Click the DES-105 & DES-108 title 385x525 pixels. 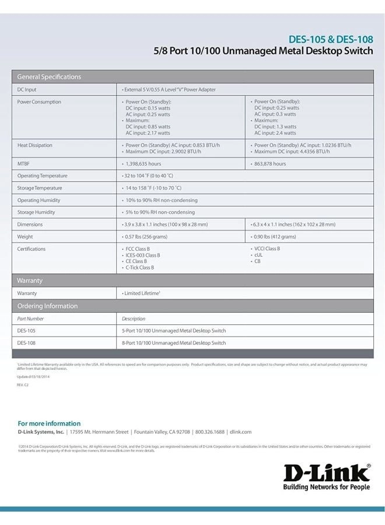331,40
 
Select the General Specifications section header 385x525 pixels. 49,77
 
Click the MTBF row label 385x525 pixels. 23,164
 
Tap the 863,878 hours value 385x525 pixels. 269,164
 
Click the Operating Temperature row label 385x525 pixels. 42,176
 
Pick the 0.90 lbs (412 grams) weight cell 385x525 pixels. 274,237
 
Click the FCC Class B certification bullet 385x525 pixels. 138,249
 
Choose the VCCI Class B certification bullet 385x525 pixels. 267,249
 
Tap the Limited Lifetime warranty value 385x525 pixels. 141,293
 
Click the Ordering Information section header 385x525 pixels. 47,306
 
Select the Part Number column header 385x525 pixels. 30,319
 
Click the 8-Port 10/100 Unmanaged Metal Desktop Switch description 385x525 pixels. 174,343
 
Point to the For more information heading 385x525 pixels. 49,423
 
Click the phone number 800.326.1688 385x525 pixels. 209,432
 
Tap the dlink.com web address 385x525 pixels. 240,432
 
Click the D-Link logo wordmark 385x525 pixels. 327,473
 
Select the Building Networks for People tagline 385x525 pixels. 327,487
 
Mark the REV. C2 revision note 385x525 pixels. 23,385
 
